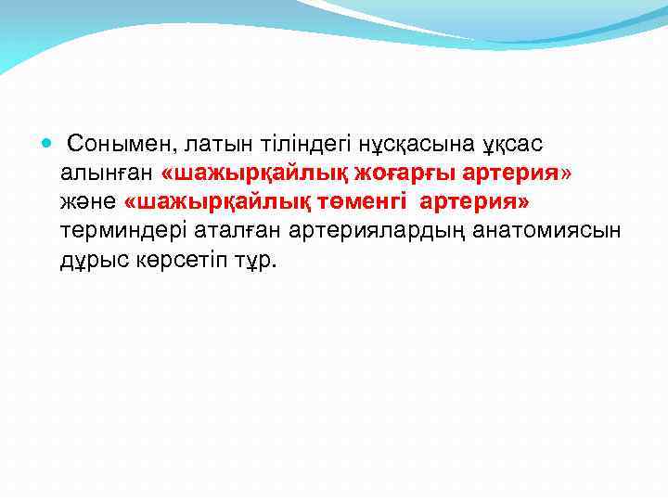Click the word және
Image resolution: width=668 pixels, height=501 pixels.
88,201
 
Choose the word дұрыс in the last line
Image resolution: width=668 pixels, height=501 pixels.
89,259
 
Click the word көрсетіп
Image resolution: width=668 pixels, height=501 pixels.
178,259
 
